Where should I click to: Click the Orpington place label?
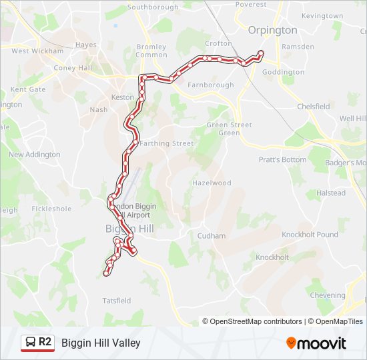(272, 30)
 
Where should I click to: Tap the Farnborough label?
(211, 85)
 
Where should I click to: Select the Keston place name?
(122, 97)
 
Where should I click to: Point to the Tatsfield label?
(117, 301)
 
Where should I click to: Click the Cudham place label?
(212, 236)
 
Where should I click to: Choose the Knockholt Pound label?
(310, 235)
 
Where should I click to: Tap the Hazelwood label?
(212, 183)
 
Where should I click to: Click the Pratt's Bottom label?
(283, 160)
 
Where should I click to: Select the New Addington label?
(34, 155)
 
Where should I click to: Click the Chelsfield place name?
(313, 107)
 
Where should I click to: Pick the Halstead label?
(331, 193)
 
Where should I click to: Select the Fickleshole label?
(51, 209)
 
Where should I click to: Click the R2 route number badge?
(45, 343)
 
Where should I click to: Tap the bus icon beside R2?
(30, 343)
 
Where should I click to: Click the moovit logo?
(316, 343)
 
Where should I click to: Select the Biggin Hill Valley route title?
(101, 343)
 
